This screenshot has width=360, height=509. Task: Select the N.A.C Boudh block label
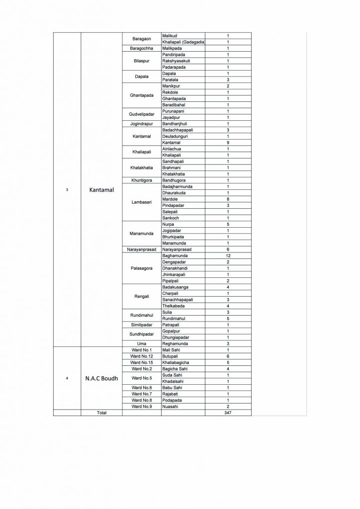click(x=101, y=378)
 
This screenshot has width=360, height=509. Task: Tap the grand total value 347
click(x=228, y=413)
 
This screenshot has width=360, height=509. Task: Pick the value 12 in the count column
click(x=228, y=255)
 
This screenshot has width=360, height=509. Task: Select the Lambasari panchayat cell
click(x=142, y=202)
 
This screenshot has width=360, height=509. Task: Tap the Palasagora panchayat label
click(x=142, y=268)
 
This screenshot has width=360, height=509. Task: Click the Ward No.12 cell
click(x=142, y=356)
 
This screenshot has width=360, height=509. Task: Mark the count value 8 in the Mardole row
click(x=228, y=199)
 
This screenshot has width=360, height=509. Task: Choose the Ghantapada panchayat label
click(x=142, y=95)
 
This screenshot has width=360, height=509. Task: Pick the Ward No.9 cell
click(x=142, y=407)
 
